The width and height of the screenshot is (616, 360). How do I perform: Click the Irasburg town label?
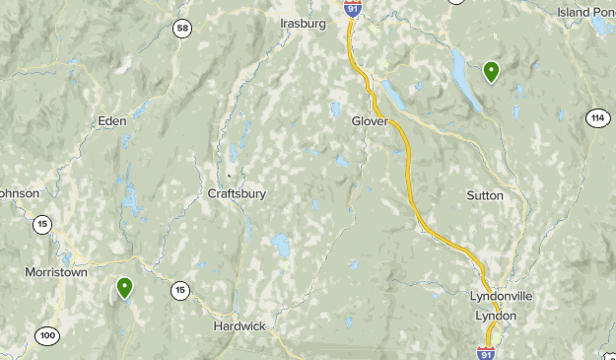(302, 23)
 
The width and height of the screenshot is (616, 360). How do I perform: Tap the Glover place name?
(370, 121)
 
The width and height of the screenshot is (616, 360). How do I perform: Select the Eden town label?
(111, 121)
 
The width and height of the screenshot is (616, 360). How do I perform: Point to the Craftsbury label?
(237, 194)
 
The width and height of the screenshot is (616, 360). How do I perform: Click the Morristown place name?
(56, 272)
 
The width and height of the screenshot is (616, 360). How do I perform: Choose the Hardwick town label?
(240, 325)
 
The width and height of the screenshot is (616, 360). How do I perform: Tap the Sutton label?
(485, 195)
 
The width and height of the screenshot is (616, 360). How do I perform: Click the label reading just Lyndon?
(496, 316)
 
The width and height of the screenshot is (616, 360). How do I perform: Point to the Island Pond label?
(585, 12)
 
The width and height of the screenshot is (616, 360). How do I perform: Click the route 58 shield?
(181, 29)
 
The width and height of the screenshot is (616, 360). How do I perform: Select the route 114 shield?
(596, 118)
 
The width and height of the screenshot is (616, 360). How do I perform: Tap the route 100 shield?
(47, 336)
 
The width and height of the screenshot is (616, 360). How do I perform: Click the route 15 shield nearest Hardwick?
(179, 290)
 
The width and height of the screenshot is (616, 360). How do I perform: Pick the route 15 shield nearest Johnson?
(41, 225)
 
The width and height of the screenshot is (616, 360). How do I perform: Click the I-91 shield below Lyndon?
(485, 353)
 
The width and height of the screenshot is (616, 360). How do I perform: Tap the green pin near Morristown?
(125, 288)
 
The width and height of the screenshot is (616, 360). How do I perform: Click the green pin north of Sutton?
(491, 71)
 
